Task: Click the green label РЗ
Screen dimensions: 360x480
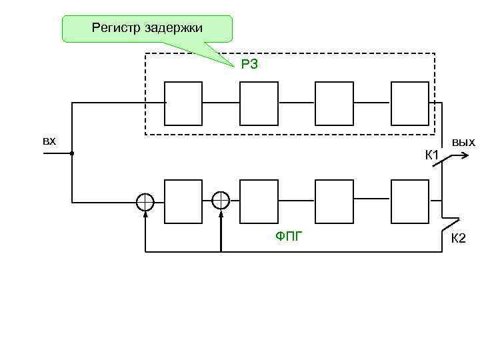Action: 249,64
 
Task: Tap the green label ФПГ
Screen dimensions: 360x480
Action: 289,234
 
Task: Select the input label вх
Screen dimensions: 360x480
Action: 49,141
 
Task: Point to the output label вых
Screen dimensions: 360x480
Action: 463,141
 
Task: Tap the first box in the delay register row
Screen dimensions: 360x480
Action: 183,103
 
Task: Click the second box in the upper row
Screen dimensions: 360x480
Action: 259,103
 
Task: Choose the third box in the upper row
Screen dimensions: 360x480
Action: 334,103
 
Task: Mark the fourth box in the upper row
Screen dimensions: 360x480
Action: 410,103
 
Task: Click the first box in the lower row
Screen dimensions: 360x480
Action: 183,201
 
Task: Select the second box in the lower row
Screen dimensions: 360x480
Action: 259,201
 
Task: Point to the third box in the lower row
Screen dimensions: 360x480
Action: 334,201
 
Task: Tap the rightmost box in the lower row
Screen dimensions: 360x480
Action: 410,201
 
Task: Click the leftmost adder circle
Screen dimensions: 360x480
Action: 145,201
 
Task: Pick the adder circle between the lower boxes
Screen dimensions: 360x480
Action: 221,201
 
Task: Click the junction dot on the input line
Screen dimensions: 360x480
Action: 71,153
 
